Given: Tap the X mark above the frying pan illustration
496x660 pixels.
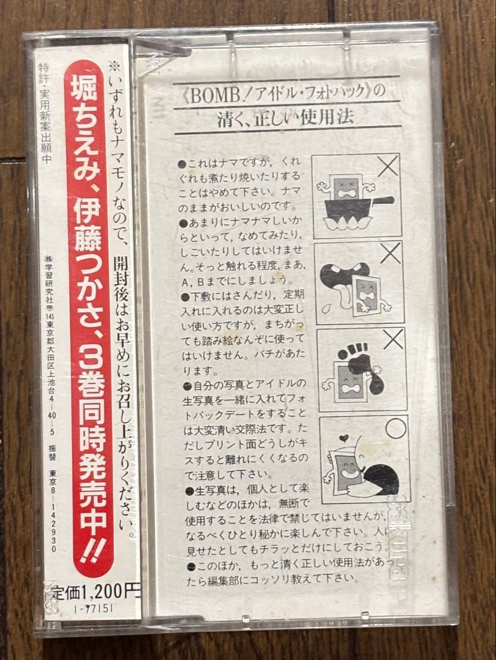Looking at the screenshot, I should coord(387,166).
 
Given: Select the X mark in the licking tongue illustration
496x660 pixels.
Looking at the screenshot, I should coord(390,252).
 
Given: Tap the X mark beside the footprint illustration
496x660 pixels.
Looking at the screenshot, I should coord(393,339).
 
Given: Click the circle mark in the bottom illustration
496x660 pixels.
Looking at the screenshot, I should coord(395,427).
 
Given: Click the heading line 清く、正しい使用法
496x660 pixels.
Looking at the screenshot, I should coord(285,117).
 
